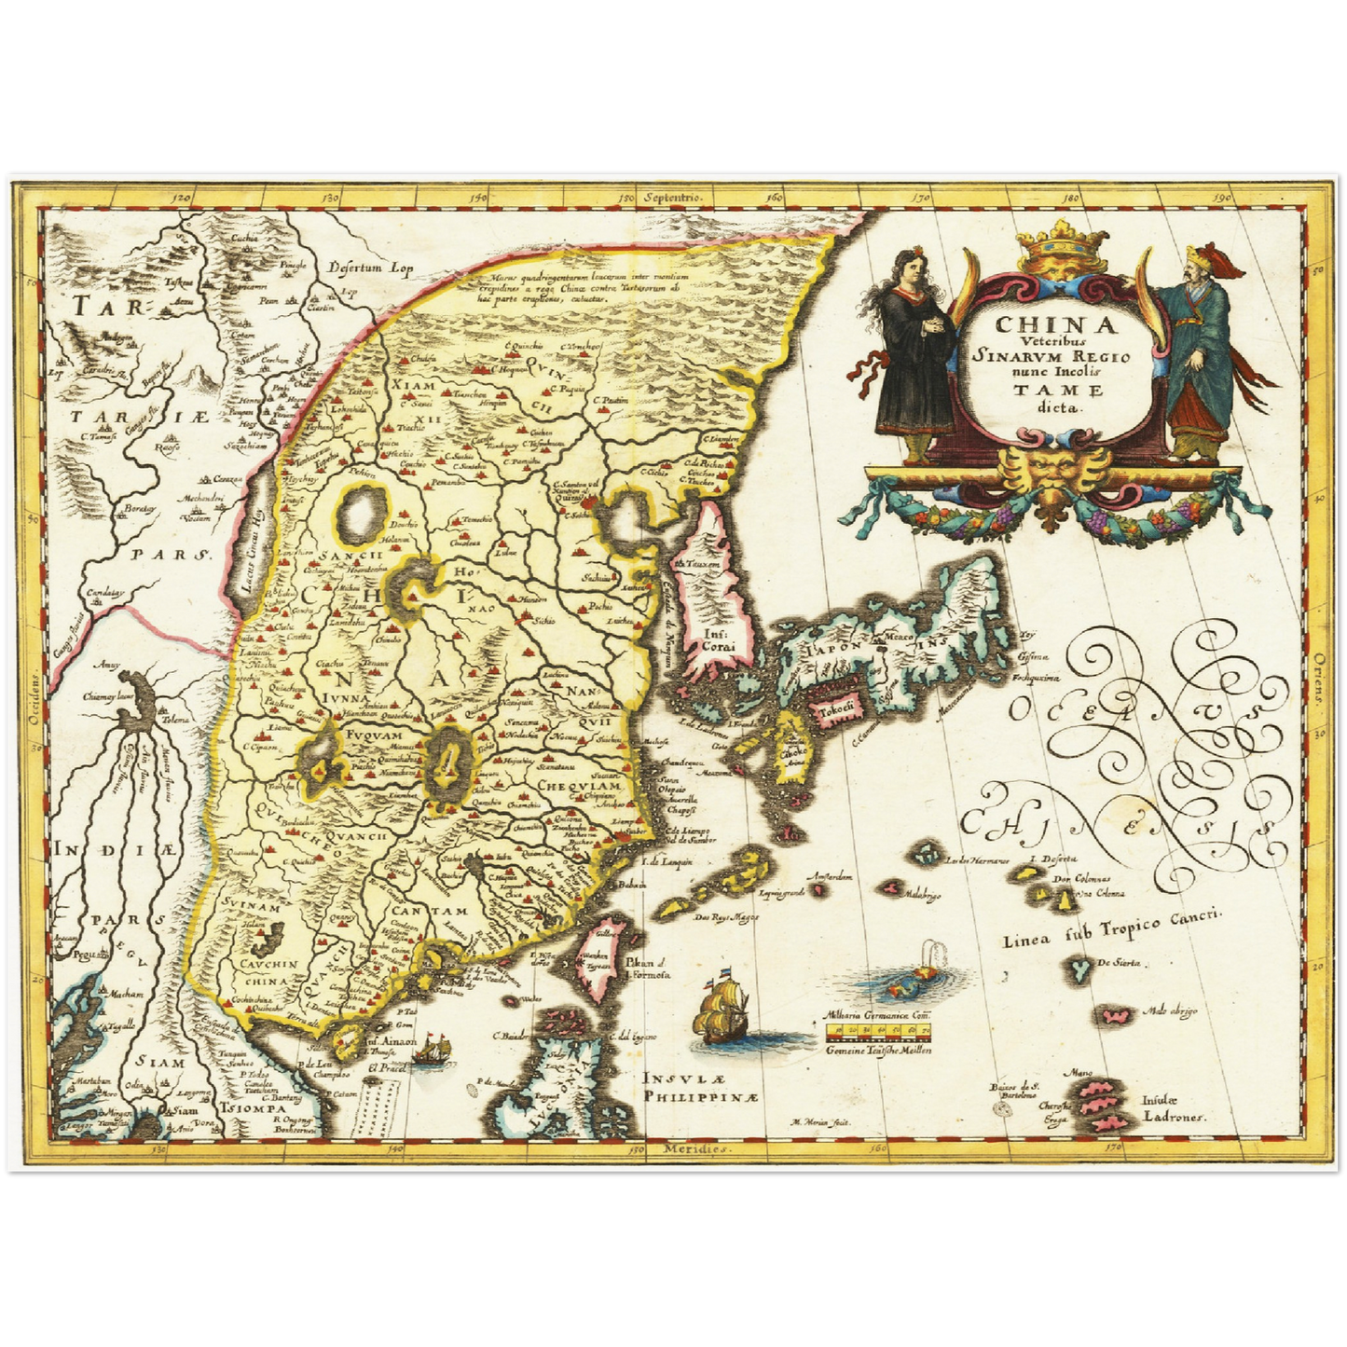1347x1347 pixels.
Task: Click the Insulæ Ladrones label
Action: tap(1173, 1107)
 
